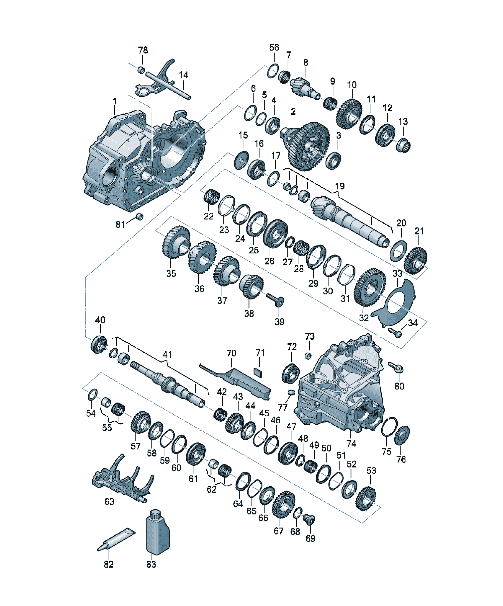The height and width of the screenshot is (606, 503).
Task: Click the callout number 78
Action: pyautogui.click(x=143, y=50)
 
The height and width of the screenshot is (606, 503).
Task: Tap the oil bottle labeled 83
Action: pyautogui.click(x=158, y=532)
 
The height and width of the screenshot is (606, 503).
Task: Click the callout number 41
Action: pyautogui.click(x=167, y=354)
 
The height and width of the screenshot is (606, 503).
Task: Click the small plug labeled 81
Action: pyautogui.click(x=140, y=216)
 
